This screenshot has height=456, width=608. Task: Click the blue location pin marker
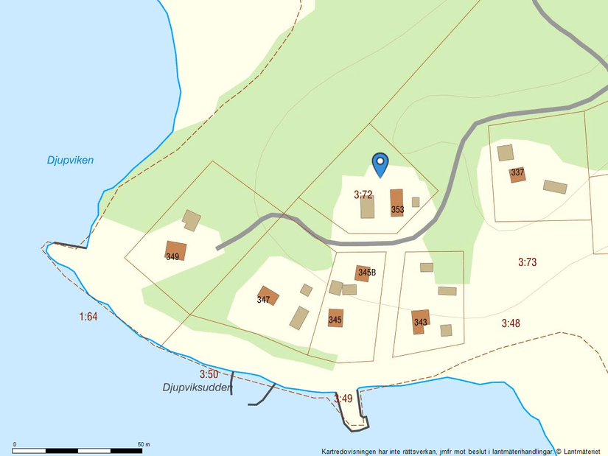click(380, 164)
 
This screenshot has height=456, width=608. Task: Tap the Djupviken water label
click(70, 160)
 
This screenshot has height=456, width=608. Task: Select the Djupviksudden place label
click(197, 387)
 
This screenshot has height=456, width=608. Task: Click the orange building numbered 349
click(175, 251)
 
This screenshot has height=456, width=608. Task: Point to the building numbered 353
click(396, 203)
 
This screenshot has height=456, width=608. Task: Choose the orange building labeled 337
click(517, 175)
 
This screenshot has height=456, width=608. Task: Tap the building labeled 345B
click(363, 273)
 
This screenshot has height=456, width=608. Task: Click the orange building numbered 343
click(420, 321)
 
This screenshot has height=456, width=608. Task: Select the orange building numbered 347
click(268, 295)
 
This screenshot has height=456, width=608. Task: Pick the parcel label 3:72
click(363, 195)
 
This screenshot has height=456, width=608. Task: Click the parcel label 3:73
click(527, 262)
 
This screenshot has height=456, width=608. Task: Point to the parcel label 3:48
click(511, 323)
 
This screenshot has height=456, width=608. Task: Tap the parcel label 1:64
click(88, 317)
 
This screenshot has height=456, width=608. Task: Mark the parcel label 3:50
click(209, 374)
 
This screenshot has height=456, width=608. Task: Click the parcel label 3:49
click(343, 399)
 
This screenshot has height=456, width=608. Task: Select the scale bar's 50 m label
click(144, 444)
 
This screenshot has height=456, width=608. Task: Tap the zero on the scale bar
click(15, 444)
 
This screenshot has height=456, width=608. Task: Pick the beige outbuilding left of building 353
click(367, 206)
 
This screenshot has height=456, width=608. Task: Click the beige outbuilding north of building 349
click(192, 220)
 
